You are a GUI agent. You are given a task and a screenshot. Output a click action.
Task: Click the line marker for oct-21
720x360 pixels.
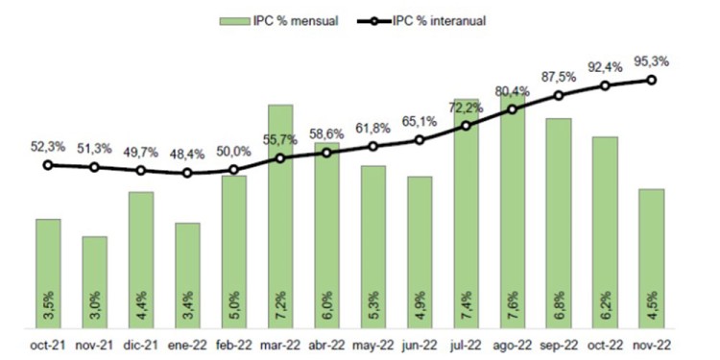[48, 165]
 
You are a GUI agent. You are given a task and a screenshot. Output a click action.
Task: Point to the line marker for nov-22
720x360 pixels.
[652, 80]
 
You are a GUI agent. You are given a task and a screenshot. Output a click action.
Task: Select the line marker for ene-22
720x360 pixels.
[187, 173]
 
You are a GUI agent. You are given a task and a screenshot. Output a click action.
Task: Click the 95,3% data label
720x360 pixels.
[652, 61]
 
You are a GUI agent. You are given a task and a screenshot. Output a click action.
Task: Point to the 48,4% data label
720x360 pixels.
[187, 154]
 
